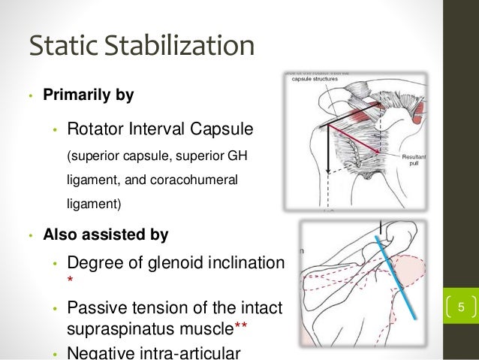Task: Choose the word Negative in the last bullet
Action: (x=98, y=352)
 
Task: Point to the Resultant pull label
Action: (x=414, y=160)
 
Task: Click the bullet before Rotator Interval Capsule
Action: (x=55, y=132)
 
